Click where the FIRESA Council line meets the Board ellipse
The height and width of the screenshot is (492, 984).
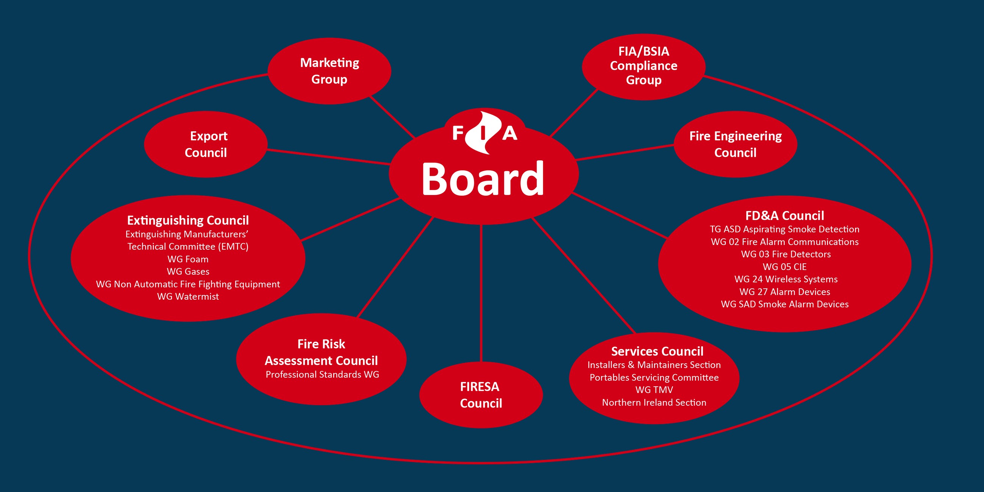coord(481,225)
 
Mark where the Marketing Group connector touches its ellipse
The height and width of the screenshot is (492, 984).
coord(369,96)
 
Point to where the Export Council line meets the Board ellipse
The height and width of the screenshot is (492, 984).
coord(390,164)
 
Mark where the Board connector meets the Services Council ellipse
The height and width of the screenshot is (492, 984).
coord(635,333)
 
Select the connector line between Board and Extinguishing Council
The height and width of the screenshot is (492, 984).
coord(351,219)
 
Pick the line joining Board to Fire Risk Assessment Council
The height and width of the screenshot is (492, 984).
coord(395,267)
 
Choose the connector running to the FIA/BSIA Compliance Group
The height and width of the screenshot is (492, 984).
coord(574,113)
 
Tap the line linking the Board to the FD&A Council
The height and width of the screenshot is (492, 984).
coord(620,216)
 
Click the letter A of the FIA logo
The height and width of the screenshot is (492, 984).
coord(510,133)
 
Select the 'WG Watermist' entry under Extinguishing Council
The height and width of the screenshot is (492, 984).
coord(188,297)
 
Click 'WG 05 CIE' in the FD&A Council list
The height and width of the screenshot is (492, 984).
coord(785,267)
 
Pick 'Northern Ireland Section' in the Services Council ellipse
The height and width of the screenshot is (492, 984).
coord(654,402)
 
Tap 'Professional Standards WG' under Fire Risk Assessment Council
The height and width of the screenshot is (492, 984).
coord(322,374)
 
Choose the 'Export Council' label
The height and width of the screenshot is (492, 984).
coord(206,144)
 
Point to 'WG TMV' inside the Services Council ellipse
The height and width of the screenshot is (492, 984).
coord(654,390)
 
